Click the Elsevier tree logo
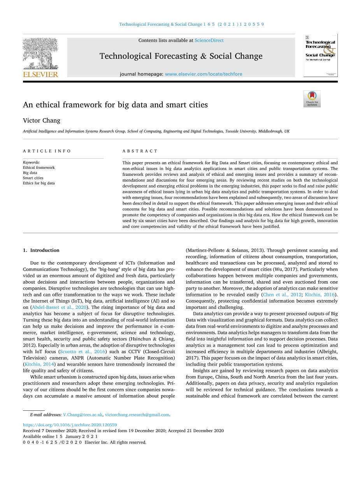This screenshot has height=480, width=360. click(40, 53)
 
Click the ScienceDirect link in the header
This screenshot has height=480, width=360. click(209, 40)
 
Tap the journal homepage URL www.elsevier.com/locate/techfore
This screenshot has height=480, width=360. click(204, 74)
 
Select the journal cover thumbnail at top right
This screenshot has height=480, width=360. click(320, 55)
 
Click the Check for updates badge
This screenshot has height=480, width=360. click(312, 99)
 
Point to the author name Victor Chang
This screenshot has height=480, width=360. click(42, 121)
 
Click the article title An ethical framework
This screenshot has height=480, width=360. click(115, 105)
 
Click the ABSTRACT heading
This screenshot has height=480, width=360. click(140, 151)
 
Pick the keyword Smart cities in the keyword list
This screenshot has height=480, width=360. click(33, 178)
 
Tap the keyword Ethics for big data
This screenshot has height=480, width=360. click(39, 183)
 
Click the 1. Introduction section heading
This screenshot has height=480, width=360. click(41, 250)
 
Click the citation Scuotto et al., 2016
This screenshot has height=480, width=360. click(83, 352)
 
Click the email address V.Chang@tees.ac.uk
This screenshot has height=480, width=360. click(83, 415)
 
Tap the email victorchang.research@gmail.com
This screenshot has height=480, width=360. click(137, 415)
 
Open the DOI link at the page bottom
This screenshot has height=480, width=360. click(70, 425)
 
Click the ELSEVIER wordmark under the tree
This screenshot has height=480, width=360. click(40, 74)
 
